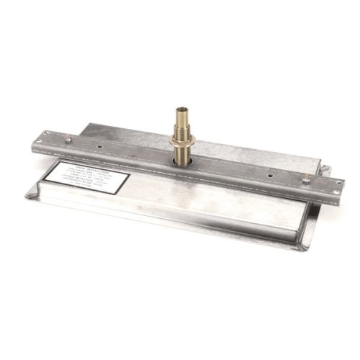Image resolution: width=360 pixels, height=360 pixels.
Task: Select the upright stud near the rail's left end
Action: [x=68, y=137]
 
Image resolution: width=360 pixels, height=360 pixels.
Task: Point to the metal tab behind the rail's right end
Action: [x=324, y=171]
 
